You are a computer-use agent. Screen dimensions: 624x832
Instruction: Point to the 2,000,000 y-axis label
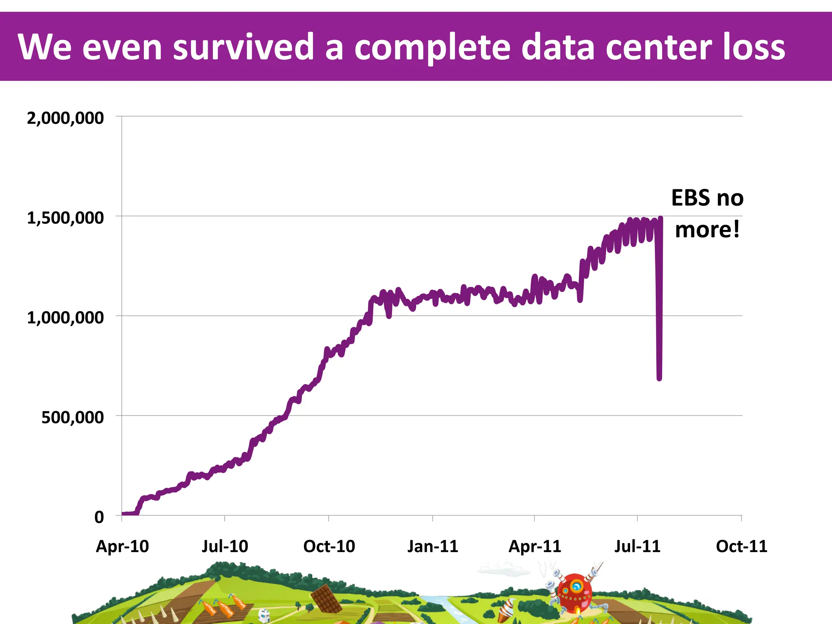(x=65, y=118)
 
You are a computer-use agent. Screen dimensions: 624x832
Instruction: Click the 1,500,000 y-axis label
(x=65, y=218)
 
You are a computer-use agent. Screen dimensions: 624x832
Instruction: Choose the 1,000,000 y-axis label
(x=65, y=318)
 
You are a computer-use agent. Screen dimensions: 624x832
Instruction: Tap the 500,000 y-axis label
(x=72, y=418)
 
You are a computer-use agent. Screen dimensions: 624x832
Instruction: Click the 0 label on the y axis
(x=99, y=517)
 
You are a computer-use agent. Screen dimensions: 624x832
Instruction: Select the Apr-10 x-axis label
(x=122, y=546)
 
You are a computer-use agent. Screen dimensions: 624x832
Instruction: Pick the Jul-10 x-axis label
(x=225, y=546)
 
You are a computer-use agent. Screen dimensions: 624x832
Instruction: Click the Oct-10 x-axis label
(x=329, y=546)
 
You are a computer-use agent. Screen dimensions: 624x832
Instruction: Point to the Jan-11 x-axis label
(x=433, y=546)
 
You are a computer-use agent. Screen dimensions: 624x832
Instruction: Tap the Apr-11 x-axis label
(x=535, y=546)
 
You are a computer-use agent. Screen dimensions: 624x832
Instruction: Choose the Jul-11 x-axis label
(x=637, y=546)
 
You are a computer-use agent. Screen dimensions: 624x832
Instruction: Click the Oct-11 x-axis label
(x=741, y=546)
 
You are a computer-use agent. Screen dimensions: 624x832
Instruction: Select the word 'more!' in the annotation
(x=707, y=230)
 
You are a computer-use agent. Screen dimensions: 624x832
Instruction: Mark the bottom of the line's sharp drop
(x=659, y=378)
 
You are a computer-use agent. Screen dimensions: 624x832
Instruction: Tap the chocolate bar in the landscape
(x=326, y=598)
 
